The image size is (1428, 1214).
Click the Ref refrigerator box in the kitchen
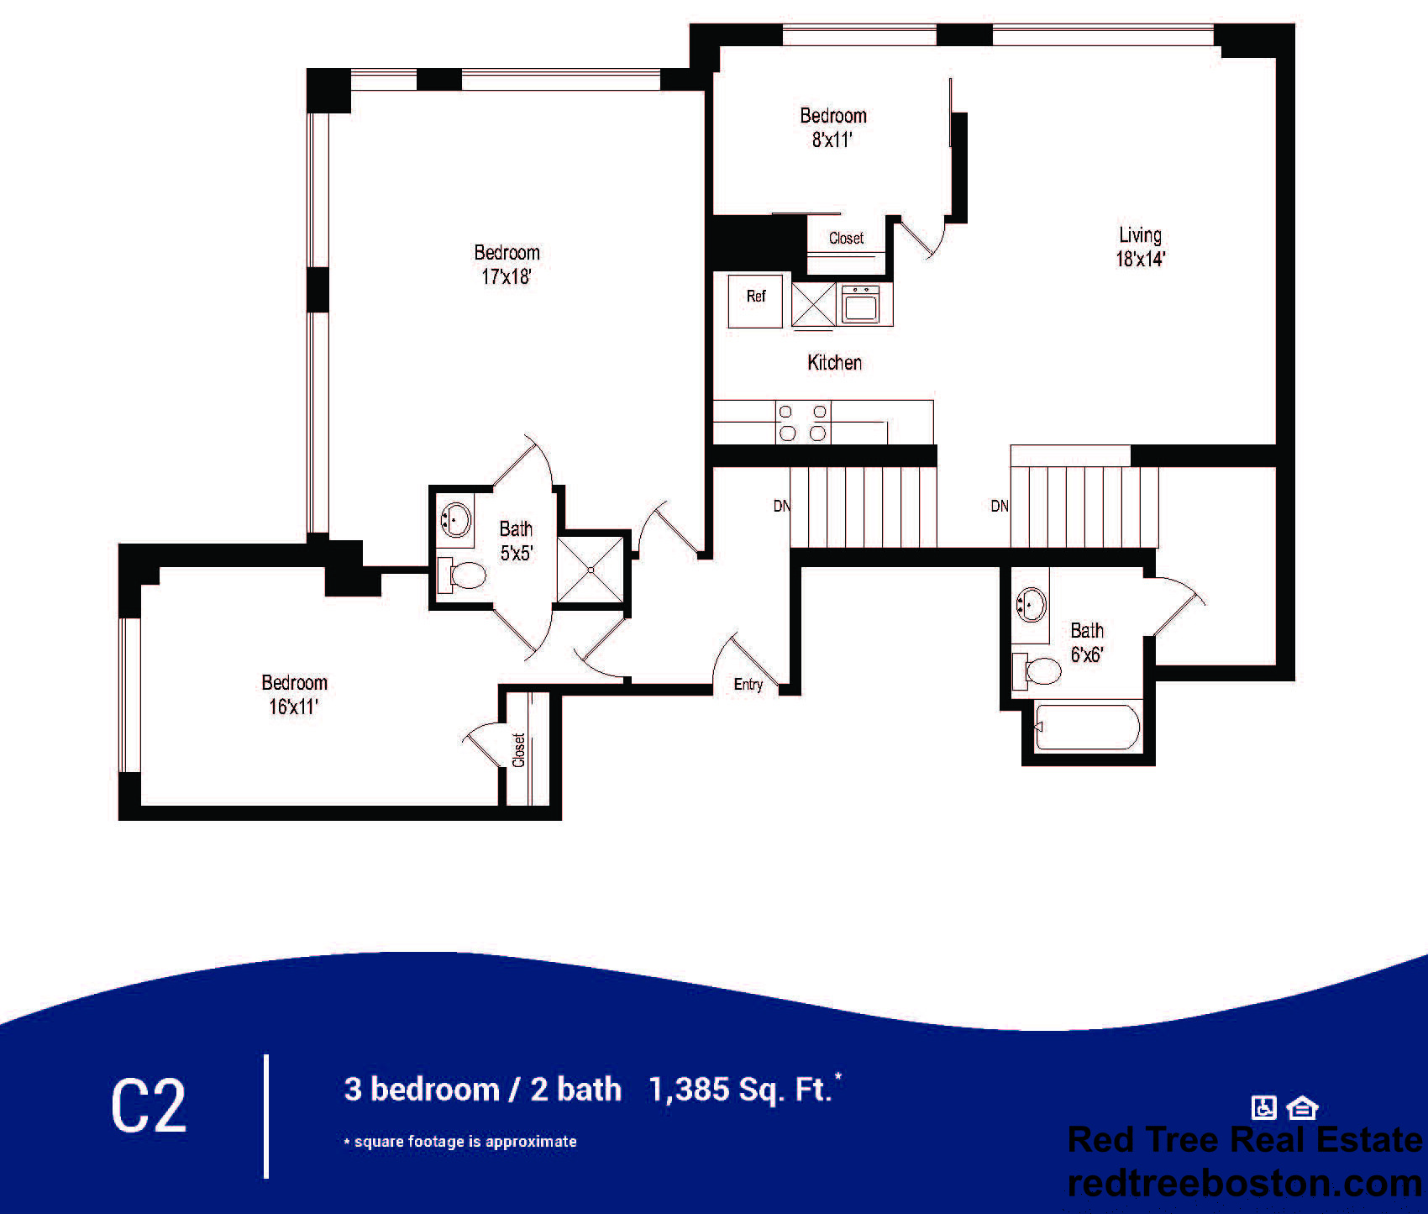click(x=755, y=301)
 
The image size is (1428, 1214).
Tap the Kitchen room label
click(x=834, y=363)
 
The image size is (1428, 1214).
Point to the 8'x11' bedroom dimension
click(x=832, y=139)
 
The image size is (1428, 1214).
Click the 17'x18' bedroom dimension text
click(x=507, y=276)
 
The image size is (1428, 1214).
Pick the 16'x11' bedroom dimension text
click(x=293, y=707)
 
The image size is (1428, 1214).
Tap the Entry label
click(x=748, y=685)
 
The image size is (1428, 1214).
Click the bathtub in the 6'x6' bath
click(x=1088, y=727)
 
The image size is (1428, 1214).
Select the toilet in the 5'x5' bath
click(x=461, y=575)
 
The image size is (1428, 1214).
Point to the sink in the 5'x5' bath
click(x=455, y=518)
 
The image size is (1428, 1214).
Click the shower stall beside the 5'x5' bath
click(x=591, y=570)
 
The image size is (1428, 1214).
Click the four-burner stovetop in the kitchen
click(x=802, y=423)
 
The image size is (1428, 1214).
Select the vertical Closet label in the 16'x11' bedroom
click(x=518, y=750)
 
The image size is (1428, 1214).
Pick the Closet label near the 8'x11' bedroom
click(x=846, y=239)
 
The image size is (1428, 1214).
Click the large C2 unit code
click(x=149, y=1106)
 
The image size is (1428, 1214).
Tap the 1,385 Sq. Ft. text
click(x=745, y=1089)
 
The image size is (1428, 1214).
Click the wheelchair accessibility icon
click(x=1263, y=1107)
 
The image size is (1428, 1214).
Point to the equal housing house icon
click(x=1302, y=1108)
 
